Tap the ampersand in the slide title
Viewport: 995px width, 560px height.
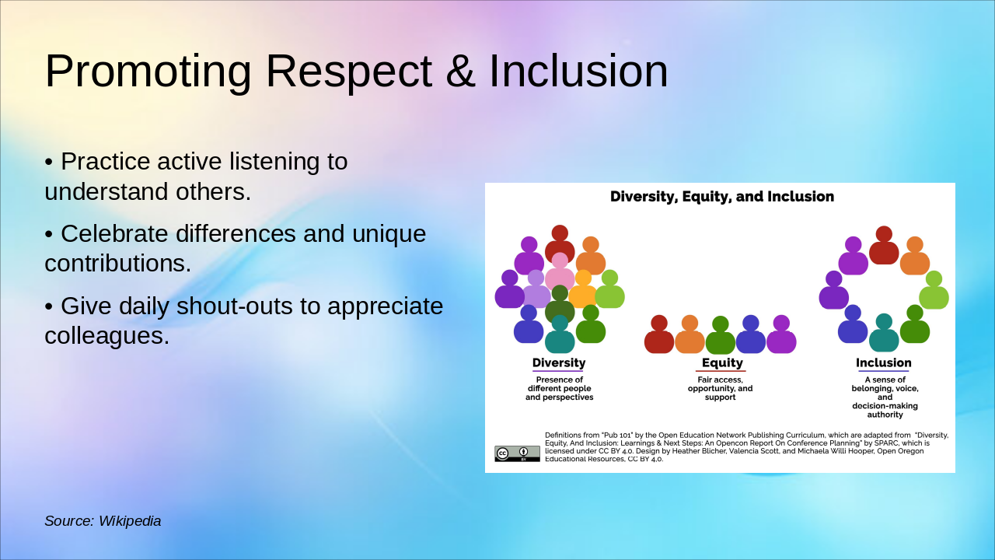[x=461, y=71]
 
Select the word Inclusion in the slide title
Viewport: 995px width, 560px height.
[x=578, y=71]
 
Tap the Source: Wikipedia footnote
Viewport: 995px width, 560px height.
[x=103, y=521]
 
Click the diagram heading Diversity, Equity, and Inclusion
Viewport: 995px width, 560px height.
[x=722, y=197]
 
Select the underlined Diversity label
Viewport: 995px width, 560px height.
[x=559, y=363]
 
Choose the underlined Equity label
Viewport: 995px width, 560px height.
[x=722, y=363]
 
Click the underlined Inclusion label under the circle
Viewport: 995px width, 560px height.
[x=884, y=363]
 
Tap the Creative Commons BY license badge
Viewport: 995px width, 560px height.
[x=517, y=453]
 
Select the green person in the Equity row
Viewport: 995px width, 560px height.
[x=720, y=335]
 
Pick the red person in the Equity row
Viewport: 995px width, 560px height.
[x=658, y=334]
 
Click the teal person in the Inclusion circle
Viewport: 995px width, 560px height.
[x=884, y=333]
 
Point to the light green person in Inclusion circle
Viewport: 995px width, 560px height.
[x=934, y=290]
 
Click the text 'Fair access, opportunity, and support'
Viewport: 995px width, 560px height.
[x=720, y=388]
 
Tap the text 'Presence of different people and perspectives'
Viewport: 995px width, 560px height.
[x=559, y=388]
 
